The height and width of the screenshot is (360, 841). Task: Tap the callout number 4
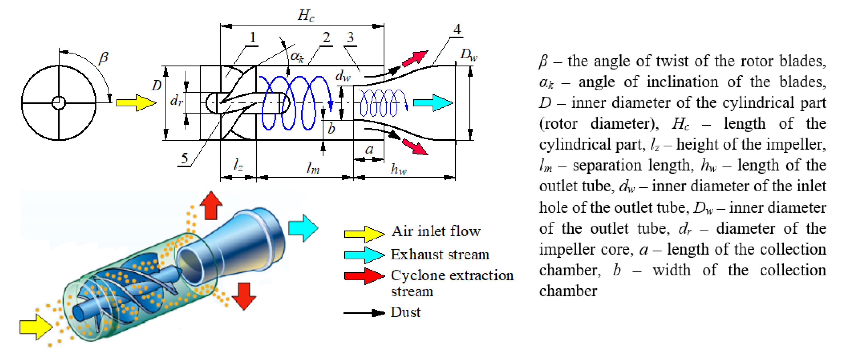point(457,29)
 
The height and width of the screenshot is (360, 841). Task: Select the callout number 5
point(185,158)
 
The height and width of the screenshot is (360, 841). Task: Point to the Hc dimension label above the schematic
point(306,15)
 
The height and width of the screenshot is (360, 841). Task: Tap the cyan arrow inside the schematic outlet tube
point(433,103)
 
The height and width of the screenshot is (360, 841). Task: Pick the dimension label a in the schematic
point(369,149)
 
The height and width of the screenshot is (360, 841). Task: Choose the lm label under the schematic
point(313,168)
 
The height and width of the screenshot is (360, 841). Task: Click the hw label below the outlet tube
point(399,169)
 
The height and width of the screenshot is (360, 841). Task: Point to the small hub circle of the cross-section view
point(59,103)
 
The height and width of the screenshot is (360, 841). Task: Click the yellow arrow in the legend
point(364,234)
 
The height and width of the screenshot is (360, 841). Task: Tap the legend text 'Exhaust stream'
point(440,254)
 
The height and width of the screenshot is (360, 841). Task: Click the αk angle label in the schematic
point(297,56)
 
